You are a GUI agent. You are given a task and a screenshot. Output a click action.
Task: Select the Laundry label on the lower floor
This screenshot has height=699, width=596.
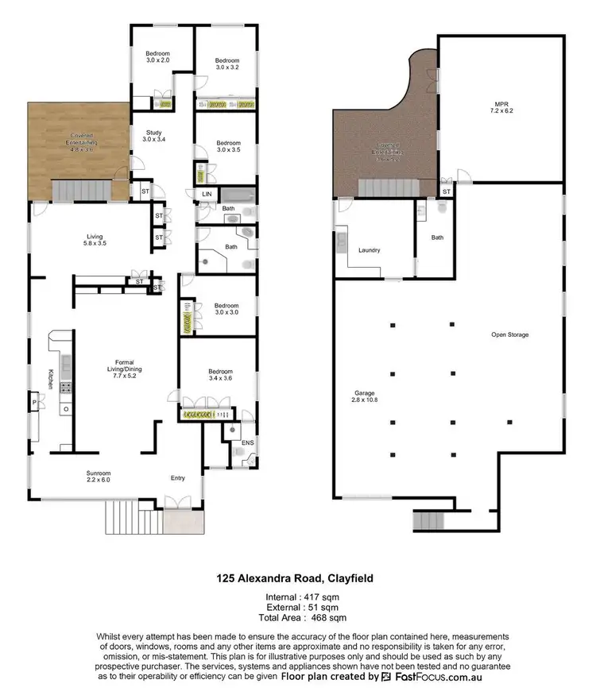click(369, 250)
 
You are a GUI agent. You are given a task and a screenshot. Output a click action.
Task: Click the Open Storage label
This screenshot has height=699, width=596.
click(509, 334)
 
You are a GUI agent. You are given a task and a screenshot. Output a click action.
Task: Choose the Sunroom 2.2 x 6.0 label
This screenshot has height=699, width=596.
click(99, 477)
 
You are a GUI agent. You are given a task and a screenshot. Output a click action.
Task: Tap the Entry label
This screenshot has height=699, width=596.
click(177, 478)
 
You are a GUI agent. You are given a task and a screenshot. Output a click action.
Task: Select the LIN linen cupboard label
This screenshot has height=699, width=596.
click(207, 194)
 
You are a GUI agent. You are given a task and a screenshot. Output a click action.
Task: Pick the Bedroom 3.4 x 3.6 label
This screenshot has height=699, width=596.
click(220, 375)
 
